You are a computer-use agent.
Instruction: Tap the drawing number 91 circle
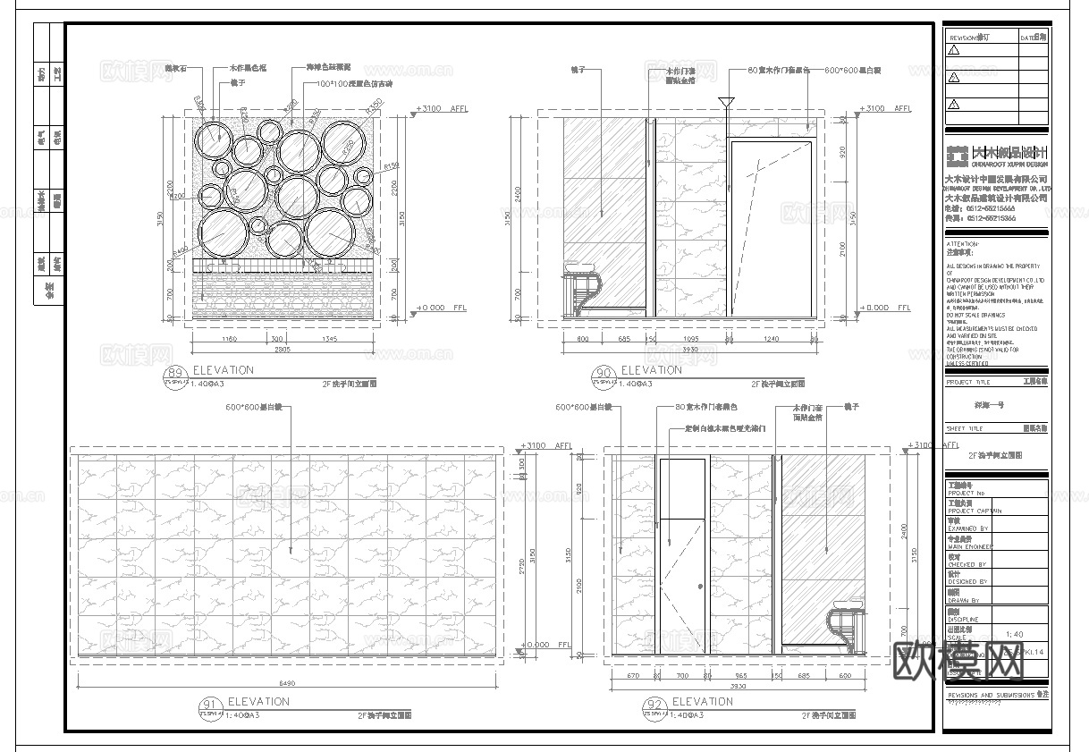click(209, 706)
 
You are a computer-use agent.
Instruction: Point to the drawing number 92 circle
click(653, 706)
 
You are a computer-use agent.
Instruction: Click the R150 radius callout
click(390, 166)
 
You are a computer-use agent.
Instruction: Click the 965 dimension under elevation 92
click(741, 675)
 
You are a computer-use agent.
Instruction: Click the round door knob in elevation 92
click(699, 587)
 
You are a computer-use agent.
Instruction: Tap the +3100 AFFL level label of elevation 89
click(442, 108)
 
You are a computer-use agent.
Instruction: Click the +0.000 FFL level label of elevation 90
click(885, 308)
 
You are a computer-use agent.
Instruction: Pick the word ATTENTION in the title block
click(963, 243)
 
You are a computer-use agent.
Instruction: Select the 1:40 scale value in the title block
click(1014, 635)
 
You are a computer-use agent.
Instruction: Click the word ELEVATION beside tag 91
click(258, 702)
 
